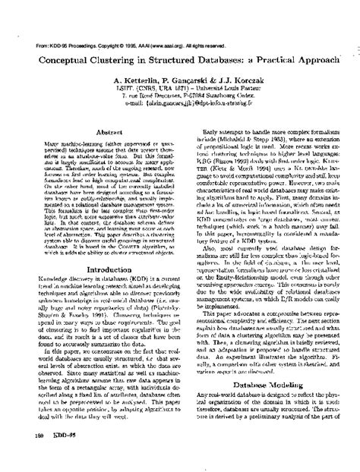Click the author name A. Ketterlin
(x=137, y=79)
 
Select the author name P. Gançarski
(x=188, y=79)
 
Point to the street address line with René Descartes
(x=180, y=96)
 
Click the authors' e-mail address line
(x=180, y=105)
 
